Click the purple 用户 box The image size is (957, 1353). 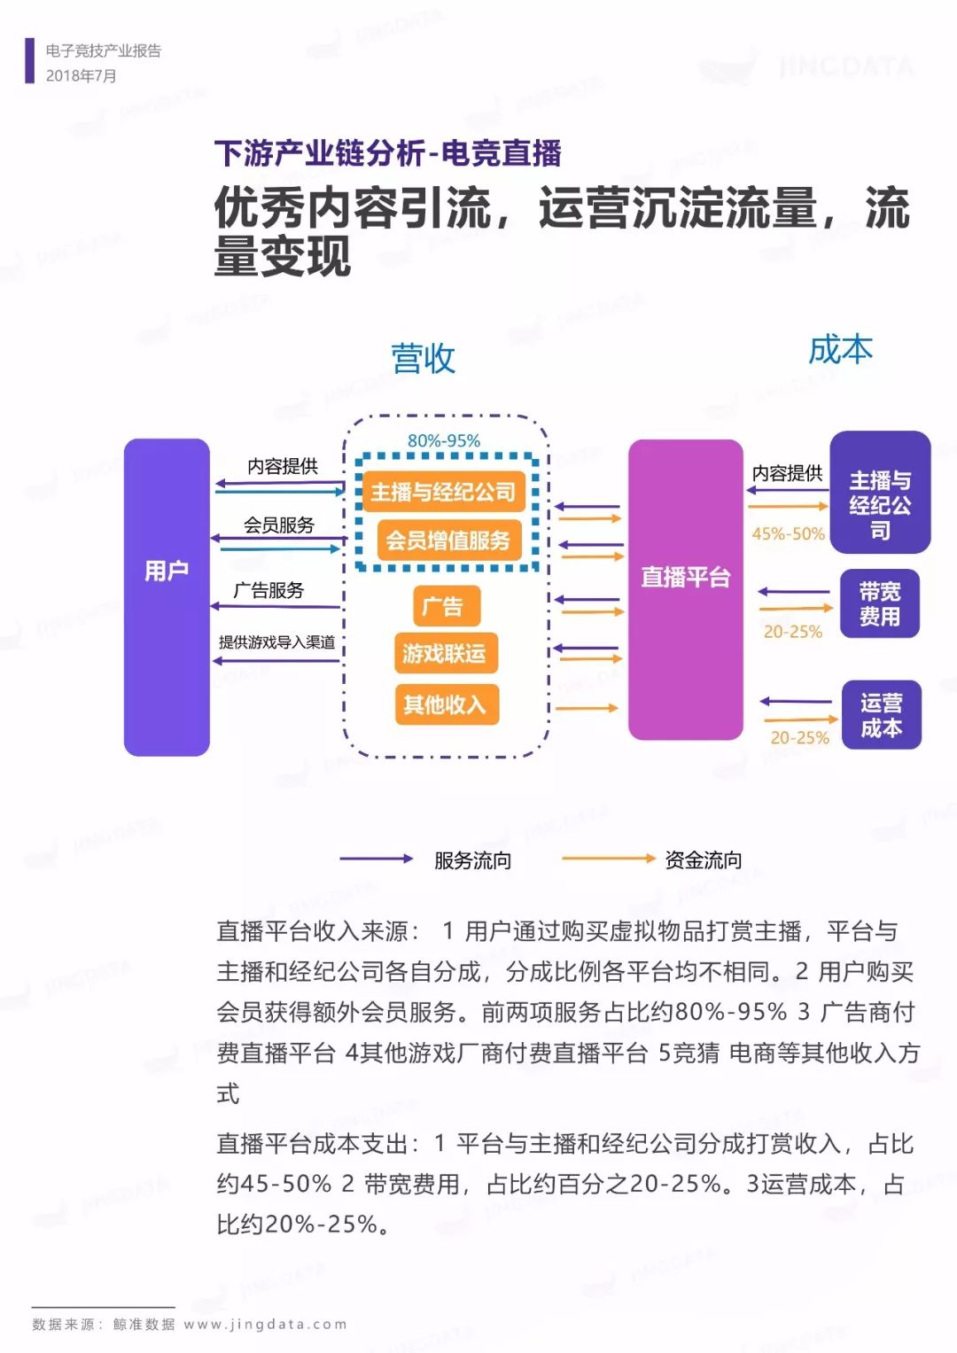pos(167,597)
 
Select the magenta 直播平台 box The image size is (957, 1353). pos(686,589)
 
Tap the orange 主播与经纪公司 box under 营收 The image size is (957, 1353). pos(444,492)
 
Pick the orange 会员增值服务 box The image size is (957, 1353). pos(449,540)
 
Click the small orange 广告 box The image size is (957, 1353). pos(447,606)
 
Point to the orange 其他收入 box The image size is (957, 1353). pos(447,704)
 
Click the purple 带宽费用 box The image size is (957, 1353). pos(880,603)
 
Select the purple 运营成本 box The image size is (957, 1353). pos(882,714)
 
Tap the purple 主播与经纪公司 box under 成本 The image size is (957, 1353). pos(880,493)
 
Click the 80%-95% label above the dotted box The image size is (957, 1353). pos(444,441)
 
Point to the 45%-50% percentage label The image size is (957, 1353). pos(788,534)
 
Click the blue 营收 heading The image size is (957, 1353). pos(423,358)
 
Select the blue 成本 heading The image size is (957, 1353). pos(840,350)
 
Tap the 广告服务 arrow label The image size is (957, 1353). pos(268,590)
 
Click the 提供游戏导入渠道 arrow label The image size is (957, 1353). pos(276,642)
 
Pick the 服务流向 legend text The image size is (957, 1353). pos(472,860)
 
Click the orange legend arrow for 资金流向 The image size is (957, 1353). pos(609,859)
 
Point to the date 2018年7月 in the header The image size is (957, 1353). pos(81,76)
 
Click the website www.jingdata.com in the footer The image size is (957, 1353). pos(265,1325)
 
